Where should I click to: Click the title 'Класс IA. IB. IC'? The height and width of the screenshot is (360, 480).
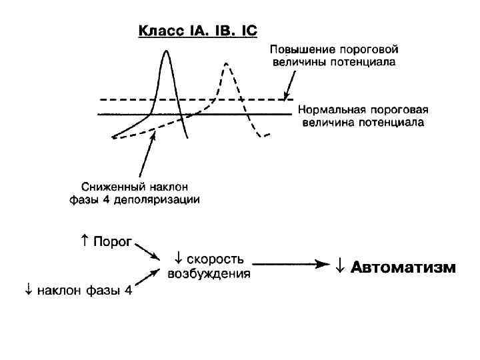coord(197,31)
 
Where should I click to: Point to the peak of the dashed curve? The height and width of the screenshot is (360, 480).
coord(227,64)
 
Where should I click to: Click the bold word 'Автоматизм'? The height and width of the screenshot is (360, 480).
coord(403,268)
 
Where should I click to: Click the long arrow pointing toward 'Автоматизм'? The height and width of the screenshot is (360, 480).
coord(293,265)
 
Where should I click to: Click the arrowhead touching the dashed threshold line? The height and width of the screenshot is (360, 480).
coord(287,96)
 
